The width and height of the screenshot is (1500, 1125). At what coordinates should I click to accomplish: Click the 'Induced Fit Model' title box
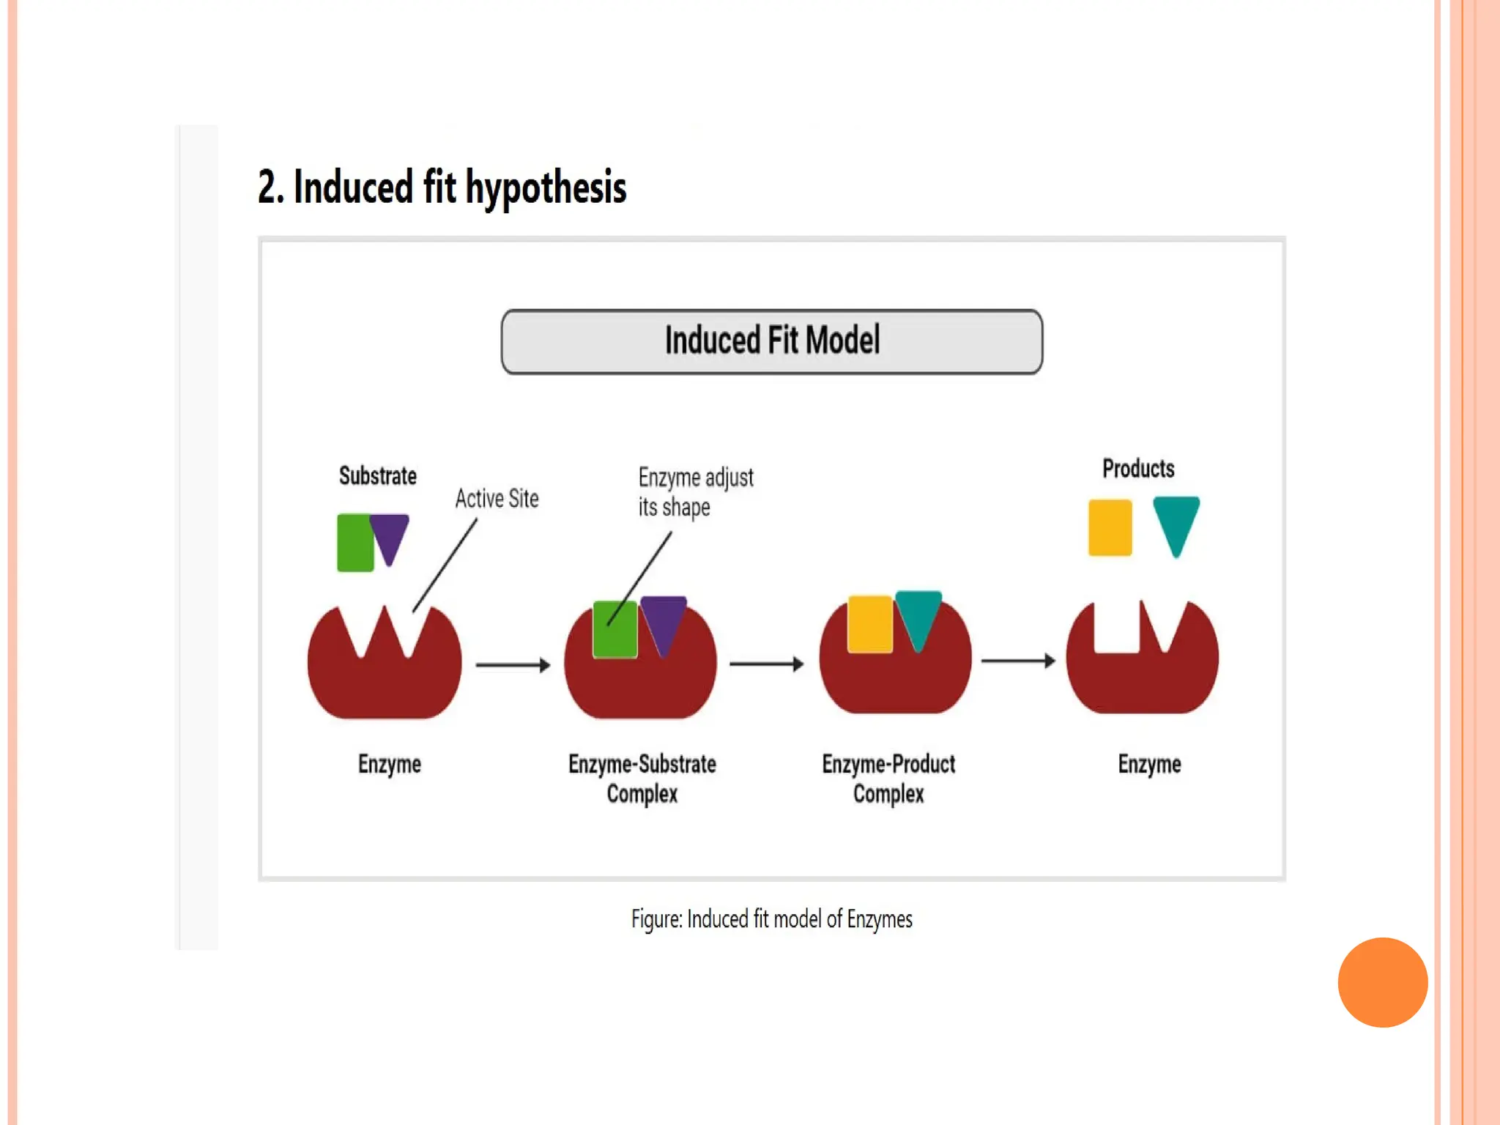pyautogui.click(x=771, y=341)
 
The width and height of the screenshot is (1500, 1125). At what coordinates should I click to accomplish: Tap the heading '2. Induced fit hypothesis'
pyautogui.click(x=442, y=187)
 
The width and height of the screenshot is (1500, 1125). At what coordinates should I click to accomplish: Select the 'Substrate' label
pyautogui.click(x=377, y=476)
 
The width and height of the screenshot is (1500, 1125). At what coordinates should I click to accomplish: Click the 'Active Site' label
pyautogui.click(x=497, y=499)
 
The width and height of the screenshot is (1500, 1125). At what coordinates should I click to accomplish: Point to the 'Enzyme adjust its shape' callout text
pyautogui.click(x=694, y=491)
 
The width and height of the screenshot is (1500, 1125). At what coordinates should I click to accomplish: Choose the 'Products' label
pyautogui.click(x=1138, y=469)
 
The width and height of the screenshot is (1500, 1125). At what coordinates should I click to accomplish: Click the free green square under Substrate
pyautogui.click(x=354, y=543)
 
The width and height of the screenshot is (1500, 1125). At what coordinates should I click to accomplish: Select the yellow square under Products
pyautogui.click(x=1110, y=527)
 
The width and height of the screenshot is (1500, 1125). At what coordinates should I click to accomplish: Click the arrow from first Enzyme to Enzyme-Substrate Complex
pyautogui.click(x=513, y=664)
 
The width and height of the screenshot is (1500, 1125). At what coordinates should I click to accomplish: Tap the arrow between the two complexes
pyautogui.click(x=766, y=664)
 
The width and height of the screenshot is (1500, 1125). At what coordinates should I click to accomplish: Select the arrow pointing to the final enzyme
pyautogui.click(x=1018, y=661)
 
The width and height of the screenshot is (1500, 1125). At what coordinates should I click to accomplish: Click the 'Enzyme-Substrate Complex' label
pyautogui.click(x=642, y=779)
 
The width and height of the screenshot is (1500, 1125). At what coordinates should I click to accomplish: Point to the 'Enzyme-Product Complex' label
pyautogui.click(x=888, y=779)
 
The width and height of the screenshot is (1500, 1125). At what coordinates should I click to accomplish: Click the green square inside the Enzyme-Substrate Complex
pyautogui.click(x=615, y=630)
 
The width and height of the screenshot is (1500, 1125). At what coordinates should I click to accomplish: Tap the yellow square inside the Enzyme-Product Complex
pyautogui.click(x=869, y=623)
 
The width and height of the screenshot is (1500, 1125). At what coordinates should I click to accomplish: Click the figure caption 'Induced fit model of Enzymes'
pyautogui.click(x=772, y=919)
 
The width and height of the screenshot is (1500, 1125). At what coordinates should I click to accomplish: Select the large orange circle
pyautogui.click(x=1382, y=982)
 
